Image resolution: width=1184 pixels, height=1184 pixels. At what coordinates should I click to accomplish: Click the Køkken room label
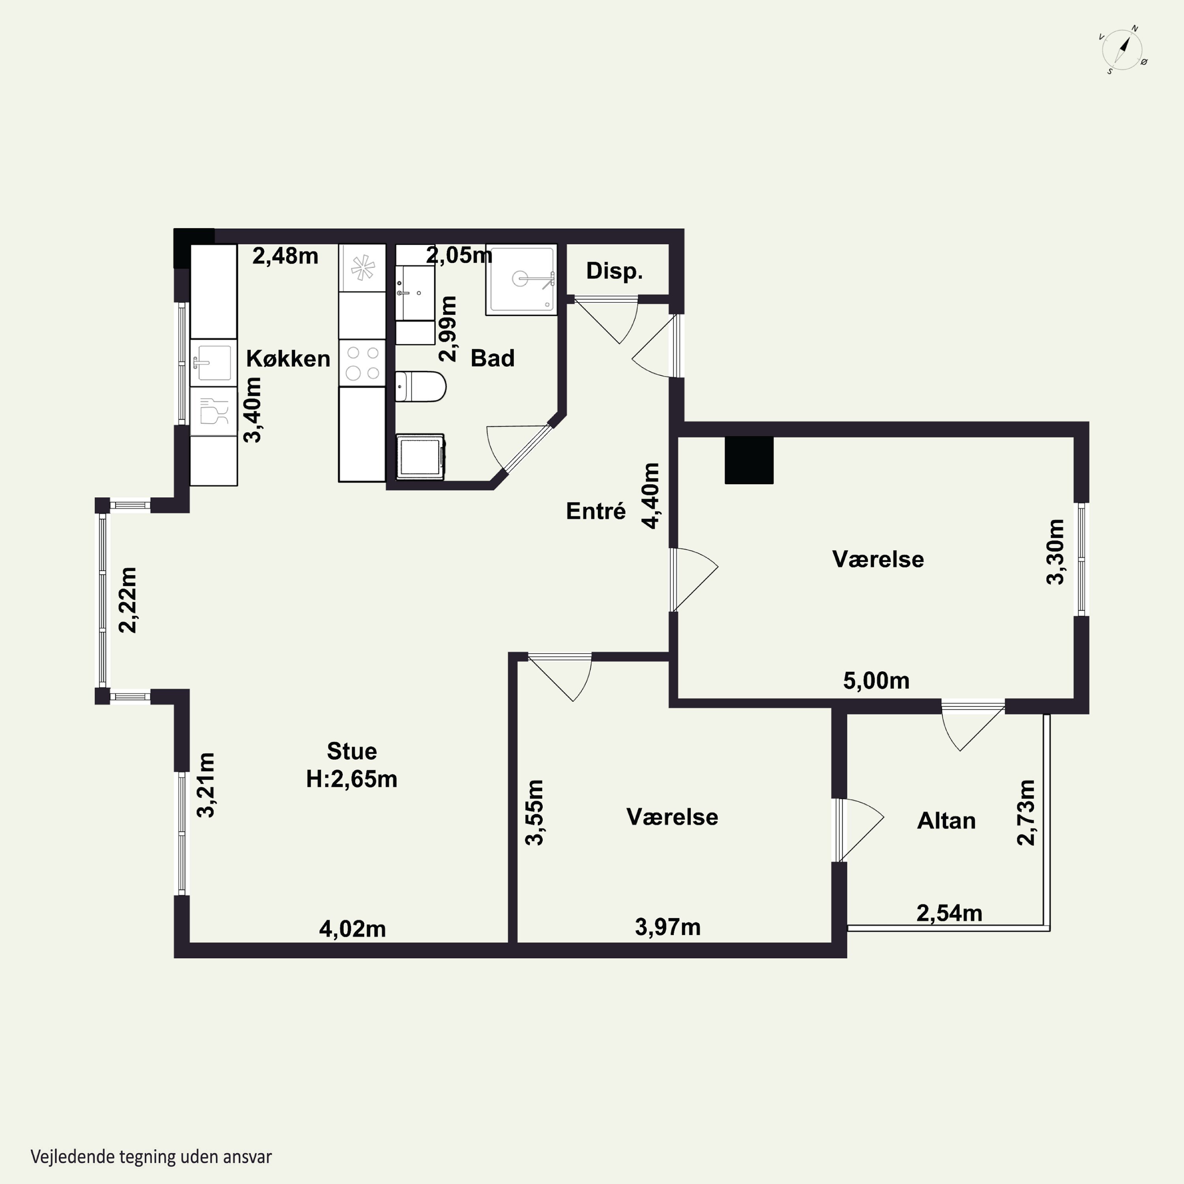pyautogui.click(x=288, y=358)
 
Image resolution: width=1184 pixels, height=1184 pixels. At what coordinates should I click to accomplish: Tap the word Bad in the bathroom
pyautogui.click(x=492, y=358)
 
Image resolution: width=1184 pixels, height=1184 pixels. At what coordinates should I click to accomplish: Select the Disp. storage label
pyautogui.click(x=614, y=271)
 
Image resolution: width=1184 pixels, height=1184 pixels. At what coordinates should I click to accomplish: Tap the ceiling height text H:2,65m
pyautogui.click(x=352, y=779)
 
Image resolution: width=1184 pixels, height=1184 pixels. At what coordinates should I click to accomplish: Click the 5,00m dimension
pyautogui.click(x=876, y=681)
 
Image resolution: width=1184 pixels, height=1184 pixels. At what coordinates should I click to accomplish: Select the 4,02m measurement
pyautogui.click(x=352, y=929)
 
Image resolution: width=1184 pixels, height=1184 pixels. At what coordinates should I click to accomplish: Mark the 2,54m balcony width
pyautogui.click(x=949, y=913)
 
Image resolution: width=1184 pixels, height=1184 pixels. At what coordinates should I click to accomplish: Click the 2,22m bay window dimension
pyautogui.click(x=127, y=599)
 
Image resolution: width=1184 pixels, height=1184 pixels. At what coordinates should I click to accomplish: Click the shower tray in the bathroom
pyautogui.click(x=521, y=280)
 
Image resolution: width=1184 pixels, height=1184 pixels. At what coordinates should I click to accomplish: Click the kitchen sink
pyautogui.click(x=213, y=363)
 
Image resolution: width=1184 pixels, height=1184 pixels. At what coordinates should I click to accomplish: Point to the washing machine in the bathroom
pyautogui.click(x=420, y=457)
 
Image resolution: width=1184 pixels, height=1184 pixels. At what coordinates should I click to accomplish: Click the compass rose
pyautogui.click(x=1123, y=50)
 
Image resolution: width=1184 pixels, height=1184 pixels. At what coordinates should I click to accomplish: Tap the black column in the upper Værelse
pyautogui.click(x=749, y=460)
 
